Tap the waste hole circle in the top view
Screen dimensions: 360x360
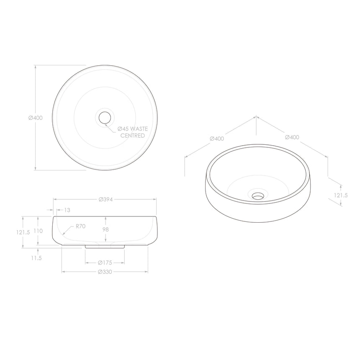(104, 117)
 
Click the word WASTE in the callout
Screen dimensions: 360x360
(139, 129)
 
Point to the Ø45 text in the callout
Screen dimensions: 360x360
(123, 129)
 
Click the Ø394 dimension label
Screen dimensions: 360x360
(107, 199)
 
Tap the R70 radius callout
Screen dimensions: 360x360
(81, 226)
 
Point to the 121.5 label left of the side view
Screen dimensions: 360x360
(23, 233)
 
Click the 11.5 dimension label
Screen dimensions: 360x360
(36, 258)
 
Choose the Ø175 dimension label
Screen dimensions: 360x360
(104, 263)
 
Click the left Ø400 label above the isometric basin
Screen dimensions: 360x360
(217, 139)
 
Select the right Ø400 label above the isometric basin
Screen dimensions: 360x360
(292, 137)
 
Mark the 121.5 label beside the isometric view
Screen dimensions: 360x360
(341, 195)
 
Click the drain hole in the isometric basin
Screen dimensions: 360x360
(257, 195)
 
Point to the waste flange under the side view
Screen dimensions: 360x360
(105, 247)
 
